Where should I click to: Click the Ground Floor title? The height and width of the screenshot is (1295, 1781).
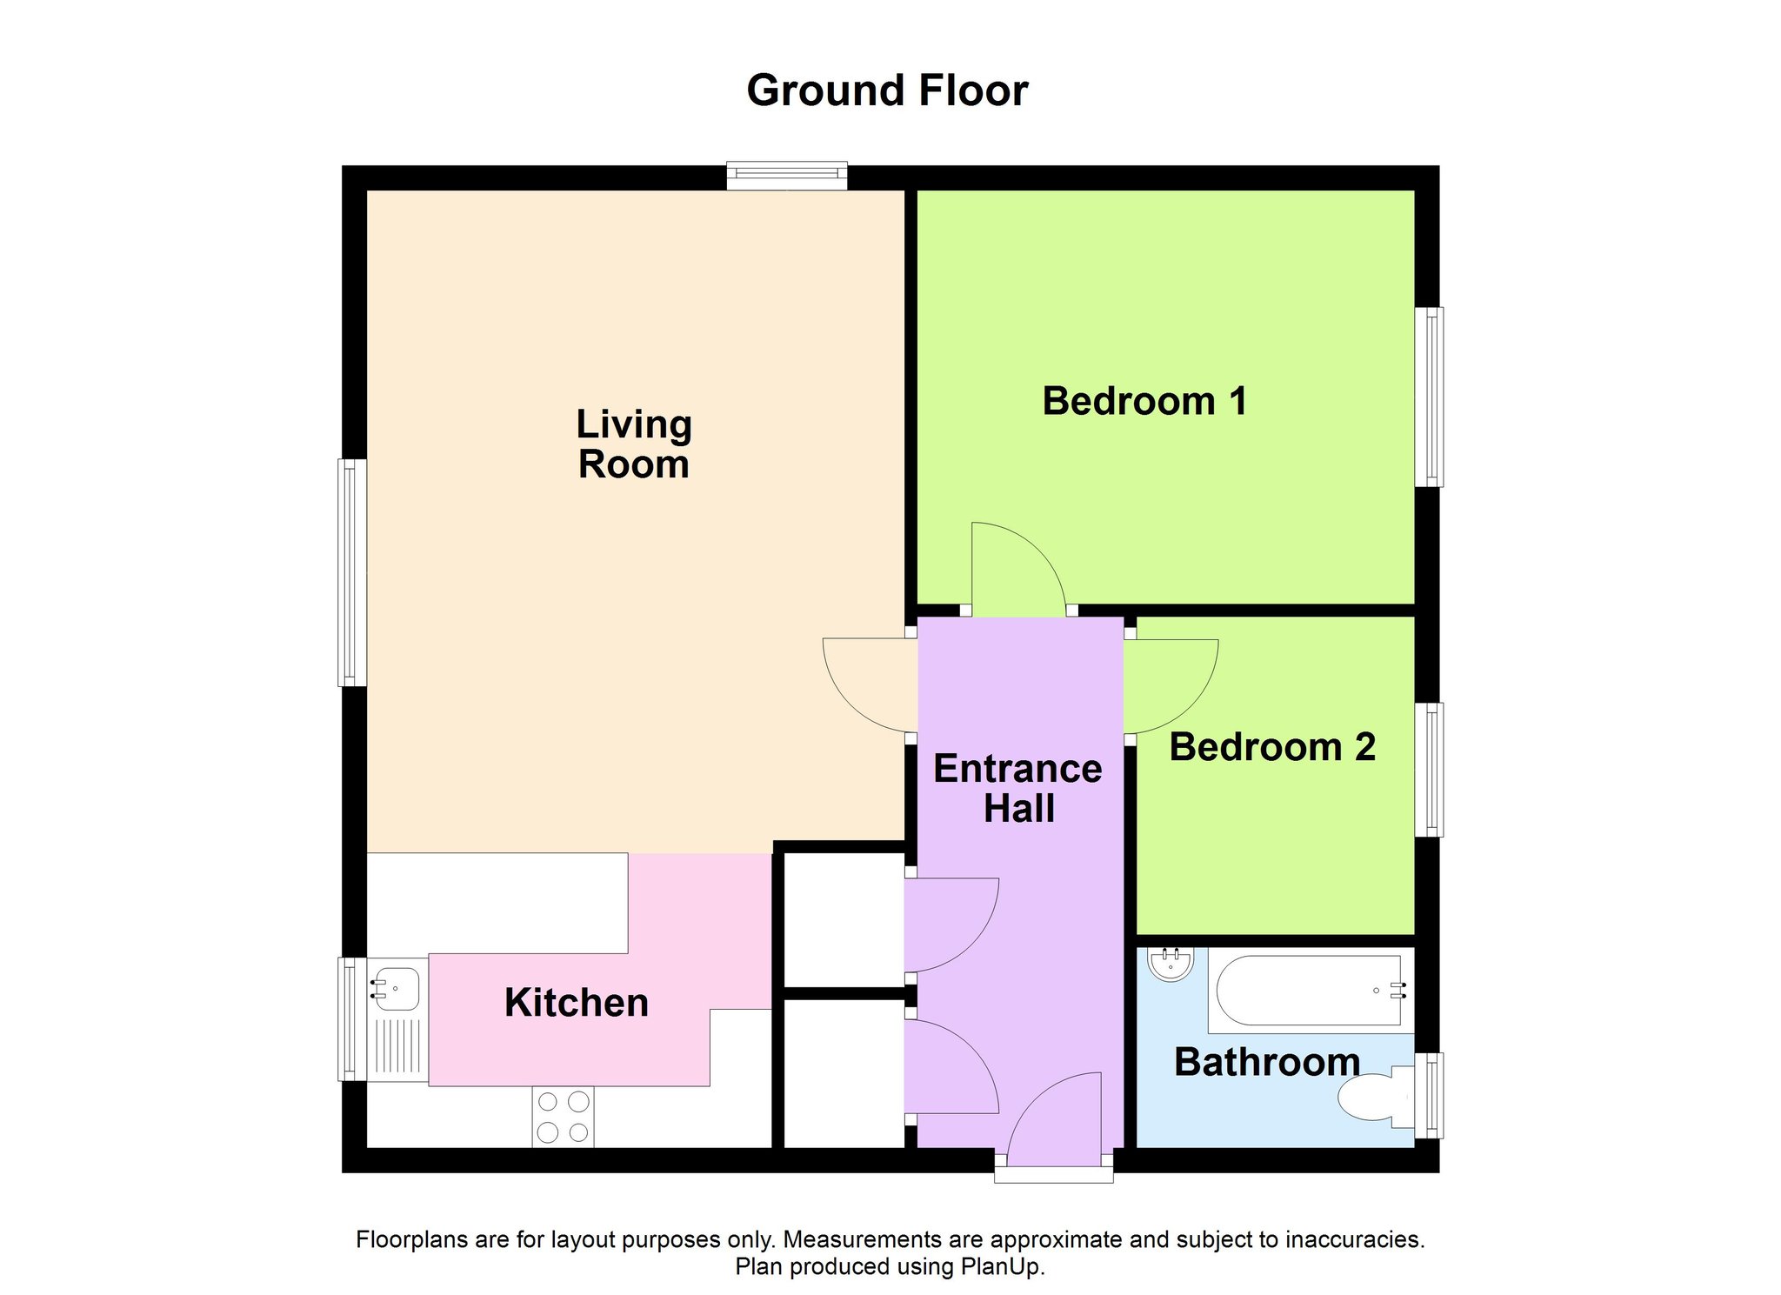tap(887, 90)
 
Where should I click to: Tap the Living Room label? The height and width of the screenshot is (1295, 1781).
tap(634, 444)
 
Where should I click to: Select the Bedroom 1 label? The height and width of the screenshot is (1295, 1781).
tap(1144, 401)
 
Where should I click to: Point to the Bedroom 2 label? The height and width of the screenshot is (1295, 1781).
tap(1272, 747)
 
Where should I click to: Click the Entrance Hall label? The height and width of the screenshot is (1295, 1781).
tap(1018, 789)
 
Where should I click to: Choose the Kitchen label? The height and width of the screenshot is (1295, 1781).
tap(577, 1003)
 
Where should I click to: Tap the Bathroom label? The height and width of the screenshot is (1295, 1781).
tap(1267, 1062)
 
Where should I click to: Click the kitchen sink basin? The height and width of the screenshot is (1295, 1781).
tap(397, 989)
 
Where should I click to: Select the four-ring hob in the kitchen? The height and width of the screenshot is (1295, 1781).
tap(564, 1117)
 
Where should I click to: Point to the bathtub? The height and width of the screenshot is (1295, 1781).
tap(1309, 990)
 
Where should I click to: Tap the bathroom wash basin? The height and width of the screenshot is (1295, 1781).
tap(1171, 964)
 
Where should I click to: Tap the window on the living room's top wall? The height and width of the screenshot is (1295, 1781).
tap(787, 176)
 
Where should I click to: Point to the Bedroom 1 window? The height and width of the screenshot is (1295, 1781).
tap(1429, 397)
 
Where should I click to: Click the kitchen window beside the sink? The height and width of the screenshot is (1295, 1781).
tap(352, 1019)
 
